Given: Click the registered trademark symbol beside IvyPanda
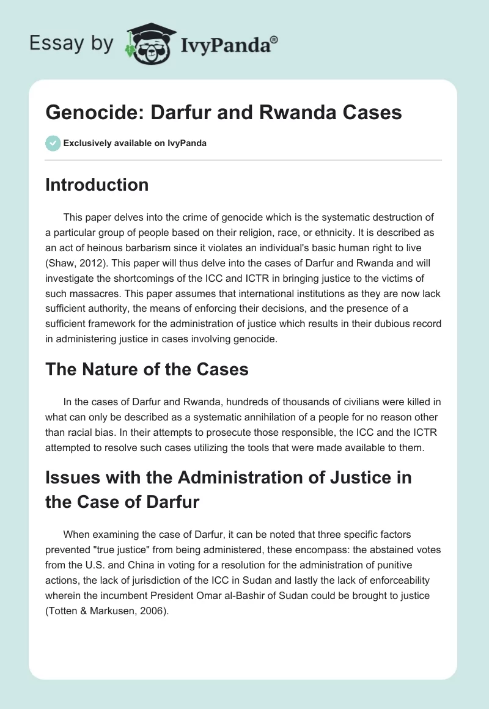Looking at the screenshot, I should tap(274, 40).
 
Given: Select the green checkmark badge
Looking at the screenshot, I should tap(53, 143).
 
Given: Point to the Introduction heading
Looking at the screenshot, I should tap(97, 185).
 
